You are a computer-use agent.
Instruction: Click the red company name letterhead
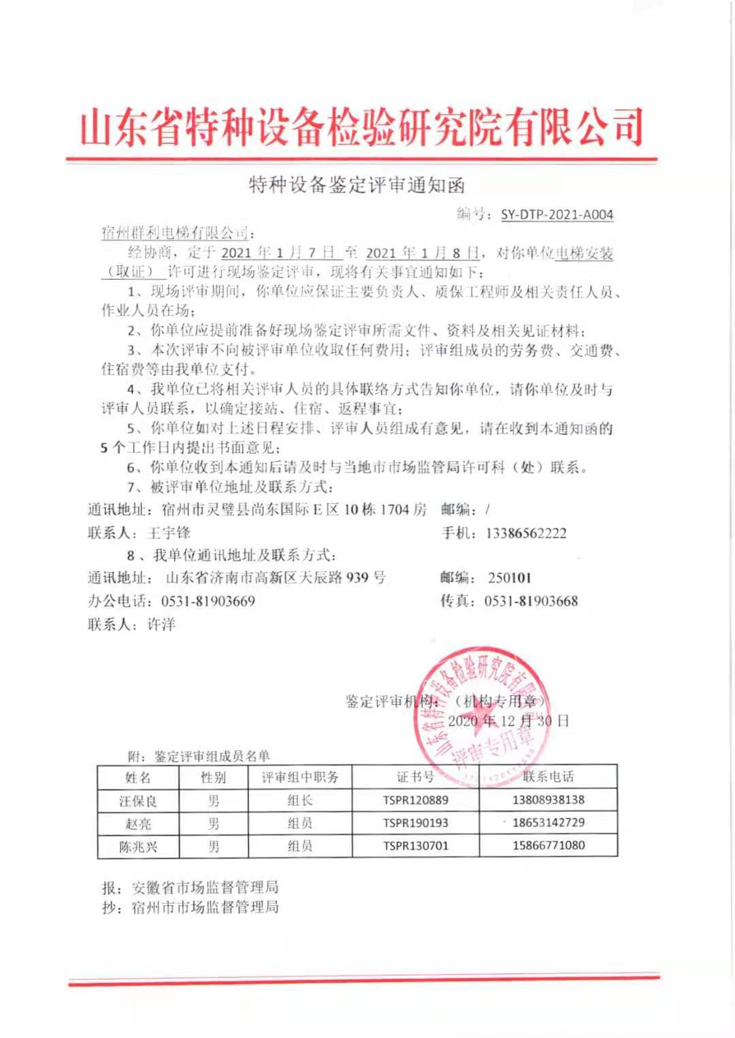pos(361,128)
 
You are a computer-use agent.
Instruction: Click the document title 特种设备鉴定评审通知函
pos(357,184)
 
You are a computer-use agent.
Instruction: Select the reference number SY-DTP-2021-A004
pos(557,215)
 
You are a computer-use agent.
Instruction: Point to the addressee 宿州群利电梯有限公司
pos(176,233)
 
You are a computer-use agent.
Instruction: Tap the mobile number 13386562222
pos(525,533)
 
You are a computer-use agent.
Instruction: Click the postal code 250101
pos(509,578)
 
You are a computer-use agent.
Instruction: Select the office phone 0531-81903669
pos(208,601)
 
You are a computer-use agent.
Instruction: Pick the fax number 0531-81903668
pos(531,601)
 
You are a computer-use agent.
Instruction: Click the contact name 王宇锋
pos(169,533)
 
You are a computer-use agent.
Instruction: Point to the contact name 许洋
pos(161,624)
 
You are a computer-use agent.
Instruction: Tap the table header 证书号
pos(415,777)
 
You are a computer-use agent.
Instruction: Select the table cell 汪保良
pos(138,801)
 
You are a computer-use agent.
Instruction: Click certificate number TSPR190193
pos(415,823)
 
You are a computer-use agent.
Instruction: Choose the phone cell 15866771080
pos(549,846)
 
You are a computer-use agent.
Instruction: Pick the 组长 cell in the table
pos(299,801)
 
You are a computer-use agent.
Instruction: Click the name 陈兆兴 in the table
pos(138,847)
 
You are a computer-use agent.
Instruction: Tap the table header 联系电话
pos(549,777)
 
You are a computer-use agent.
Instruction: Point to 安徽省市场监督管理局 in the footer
pos(205,887)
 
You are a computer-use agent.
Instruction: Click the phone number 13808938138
pos(549,800)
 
